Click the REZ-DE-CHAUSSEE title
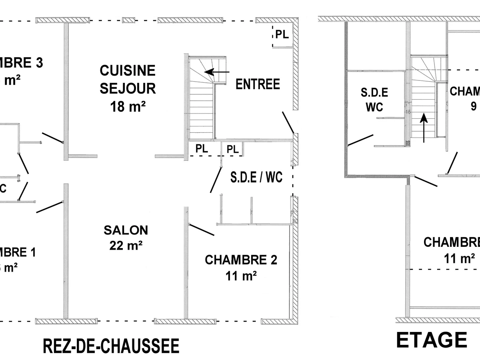click(111, 346)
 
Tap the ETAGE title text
click(431, 340)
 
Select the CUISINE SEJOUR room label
click(128, 79)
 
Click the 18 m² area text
click(128, 107)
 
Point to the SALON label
click(126, 230)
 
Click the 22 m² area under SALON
click(126, 245)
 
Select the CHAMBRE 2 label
click(241, 260)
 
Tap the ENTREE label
click(258, 84)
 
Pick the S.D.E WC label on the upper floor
click(374, 100)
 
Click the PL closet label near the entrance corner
click(282, 35)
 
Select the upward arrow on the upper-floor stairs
click(424, 128)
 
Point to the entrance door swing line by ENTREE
click(288, 122)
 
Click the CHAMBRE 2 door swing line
click(202, 230)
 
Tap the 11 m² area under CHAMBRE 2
click(241, 276)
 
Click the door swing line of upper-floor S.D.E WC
click(361, 140)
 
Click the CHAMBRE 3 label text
click(22, 63)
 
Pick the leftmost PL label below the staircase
click(202, 149)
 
